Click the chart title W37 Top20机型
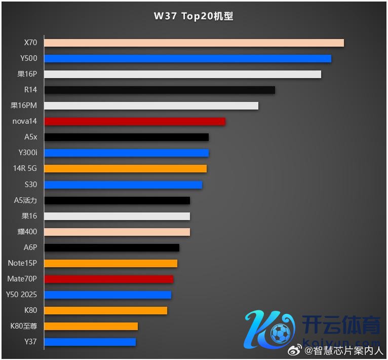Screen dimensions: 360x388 point(193,16)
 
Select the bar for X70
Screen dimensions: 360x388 point(194,43)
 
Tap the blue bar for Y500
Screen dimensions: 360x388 point(187,58)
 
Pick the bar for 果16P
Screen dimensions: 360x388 point(182,74)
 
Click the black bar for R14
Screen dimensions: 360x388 point(160,90)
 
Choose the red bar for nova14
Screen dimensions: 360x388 point(135,121)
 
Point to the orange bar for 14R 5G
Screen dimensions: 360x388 point(126,168)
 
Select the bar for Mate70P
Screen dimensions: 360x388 point(109,279)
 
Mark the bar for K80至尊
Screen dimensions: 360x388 point(91,326)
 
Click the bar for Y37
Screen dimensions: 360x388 point(90,342)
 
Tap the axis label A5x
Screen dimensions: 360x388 point(30,137)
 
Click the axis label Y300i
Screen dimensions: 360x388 point(27,153)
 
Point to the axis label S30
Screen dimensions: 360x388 point(30,185)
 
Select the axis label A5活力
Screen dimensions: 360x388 point(25,200)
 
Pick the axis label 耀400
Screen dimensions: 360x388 point(27,232)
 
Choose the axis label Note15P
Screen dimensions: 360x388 point(22,263)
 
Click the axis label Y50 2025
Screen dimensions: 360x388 point(21,295)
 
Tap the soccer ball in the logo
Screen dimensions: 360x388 point(280,334)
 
